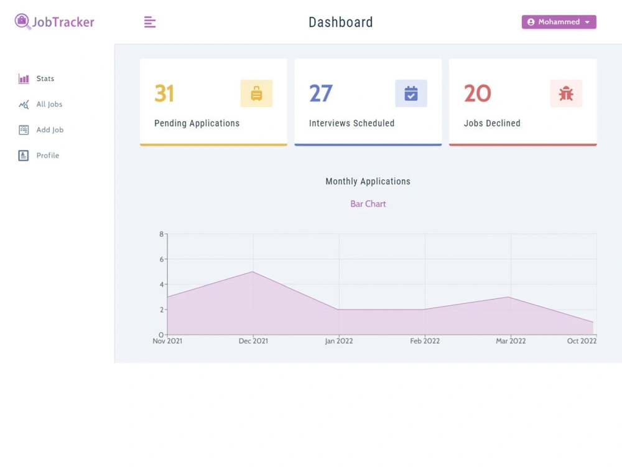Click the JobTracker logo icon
coord(22,21)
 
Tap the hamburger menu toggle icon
coord(149,22)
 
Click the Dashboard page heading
coord(341,22)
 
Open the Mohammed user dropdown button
coord(559,22)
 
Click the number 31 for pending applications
coord(164,93)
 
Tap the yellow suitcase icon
coord(256,94)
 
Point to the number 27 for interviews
coord(320,93)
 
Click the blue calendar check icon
coord(411,94)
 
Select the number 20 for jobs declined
coord(478,93)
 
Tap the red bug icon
coord(566,94)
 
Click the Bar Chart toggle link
coord(368,204)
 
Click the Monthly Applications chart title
coord(368,181)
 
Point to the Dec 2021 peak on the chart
coord(253,271)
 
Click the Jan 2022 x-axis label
coord(339,341)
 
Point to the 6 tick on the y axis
coord(162,259)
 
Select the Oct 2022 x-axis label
coord(582,341)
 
